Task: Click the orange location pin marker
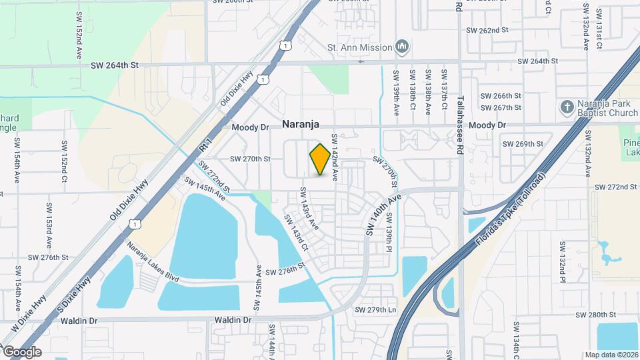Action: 320,159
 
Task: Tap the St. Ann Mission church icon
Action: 401,47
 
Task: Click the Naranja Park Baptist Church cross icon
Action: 567,107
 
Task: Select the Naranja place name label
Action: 301,124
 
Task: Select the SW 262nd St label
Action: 487,31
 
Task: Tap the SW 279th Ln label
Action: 375,310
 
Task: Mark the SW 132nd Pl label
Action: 562,262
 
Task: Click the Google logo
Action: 21,352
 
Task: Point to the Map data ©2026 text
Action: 611,355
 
